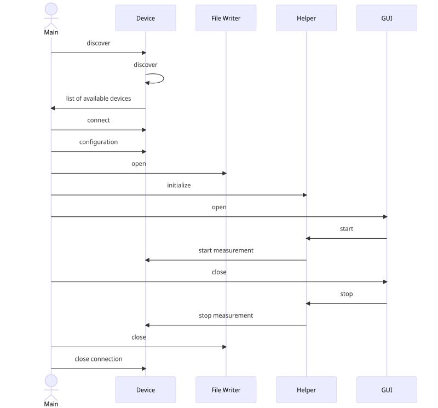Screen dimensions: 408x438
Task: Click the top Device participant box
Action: [x=146, y=18]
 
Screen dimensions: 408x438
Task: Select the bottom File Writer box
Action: [x=226, y=390]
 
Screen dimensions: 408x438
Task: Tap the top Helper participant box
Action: [x=306, y=18]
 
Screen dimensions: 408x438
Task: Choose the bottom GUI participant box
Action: [x=387, y=390]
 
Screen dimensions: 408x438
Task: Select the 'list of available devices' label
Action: [x=99, y=99]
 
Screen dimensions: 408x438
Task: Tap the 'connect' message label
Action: [x=99, y=120]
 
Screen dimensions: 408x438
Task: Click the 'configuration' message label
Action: [x=99, y=142]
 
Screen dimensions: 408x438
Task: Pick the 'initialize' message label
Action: [x=179, y=185]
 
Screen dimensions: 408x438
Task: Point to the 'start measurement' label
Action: [x=226, y=250]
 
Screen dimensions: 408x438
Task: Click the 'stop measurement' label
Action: [x=226, y=315]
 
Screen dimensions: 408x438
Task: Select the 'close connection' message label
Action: [x=99, y=359]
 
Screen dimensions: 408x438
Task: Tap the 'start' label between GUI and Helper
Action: [x=347, y=228]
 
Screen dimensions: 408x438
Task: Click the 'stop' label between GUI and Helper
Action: [x=347, y=294]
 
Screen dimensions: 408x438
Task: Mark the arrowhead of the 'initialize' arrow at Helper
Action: [x=304, y=195]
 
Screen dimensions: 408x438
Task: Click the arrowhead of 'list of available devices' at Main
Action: [x=54, y=108]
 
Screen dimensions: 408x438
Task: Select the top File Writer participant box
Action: [x=226, y=18]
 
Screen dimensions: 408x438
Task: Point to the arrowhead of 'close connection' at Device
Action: [x=143, y=369]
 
